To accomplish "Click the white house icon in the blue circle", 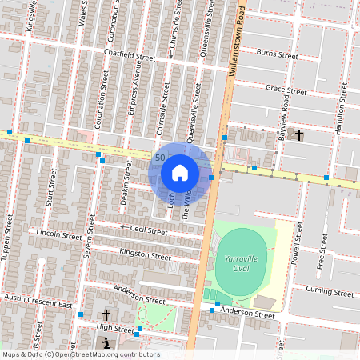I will point(180,172).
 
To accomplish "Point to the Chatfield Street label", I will point(130,57).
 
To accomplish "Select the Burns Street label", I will point(277,56).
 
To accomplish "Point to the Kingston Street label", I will point(145,255).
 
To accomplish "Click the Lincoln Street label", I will point(59,235).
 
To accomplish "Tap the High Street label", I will point(115,328).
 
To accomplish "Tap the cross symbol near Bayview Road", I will point(299,135).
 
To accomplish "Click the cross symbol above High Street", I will point(106,317).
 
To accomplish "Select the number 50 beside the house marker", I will point(161,158).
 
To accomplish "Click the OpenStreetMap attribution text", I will point(80,354).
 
